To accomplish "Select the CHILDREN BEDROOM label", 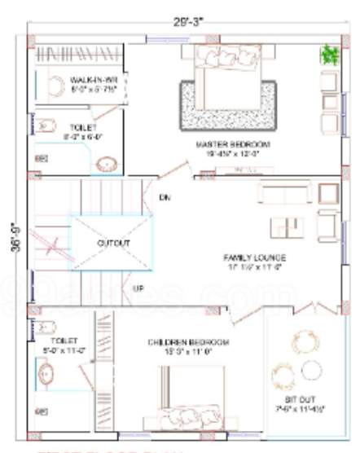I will [187, 341].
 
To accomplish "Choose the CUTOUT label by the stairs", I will [112, 243].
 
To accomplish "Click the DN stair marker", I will [165, 197].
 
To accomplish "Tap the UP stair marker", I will [138, 288].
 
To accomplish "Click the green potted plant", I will [329, 55].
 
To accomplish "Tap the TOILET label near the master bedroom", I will [82, 128].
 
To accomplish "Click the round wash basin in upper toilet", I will [106, 164].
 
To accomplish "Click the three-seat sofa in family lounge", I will [284, 193].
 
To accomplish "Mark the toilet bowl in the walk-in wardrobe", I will [55, 86].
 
